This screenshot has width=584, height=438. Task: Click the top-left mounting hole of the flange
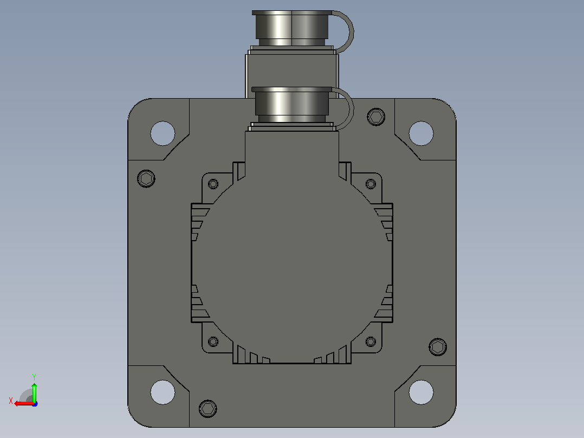pos(163,133)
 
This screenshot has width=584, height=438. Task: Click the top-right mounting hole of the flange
pos(421,133)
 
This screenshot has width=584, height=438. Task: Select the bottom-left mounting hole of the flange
pos(163,392)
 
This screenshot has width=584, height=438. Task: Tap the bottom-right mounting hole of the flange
pos(421,392)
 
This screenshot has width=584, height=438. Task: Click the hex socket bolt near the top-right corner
pos(376,117)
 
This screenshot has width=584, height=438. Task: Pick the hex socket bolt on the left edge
pos(146,178)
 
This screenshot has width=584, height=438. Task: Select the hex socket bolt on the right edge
pos(438,347)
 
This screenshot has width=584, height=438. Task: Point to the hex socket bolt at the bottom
pos(208,409)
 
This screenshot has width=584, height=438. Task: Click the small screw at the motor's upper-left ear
pos(213,184)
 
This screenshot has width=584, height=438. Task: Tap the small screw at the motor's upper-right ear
pos(371,184)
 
